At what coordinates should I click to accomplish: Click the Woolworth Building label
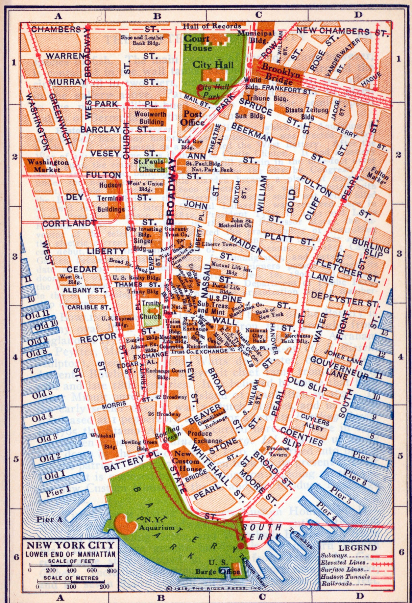pyautogui.click(x=150, y=118)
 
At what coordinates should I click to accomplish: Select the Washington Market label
pyautogui.click(x=48, y=166)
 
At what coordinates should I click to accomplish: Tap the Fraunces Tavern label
pyautogui.click(x=277, y=451)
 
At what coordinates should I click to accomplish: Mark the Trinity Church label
pyautogui.click(x=151, y=310)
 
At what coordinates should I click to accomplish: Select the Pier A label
pyautogui.click(x=49, y=520)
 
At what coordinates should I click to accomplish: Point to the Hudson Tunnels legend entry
pyautogui.click(x=345, y=577)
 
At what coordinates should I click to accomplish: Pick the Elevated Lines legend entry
pyautogui.click(x=343, y=562)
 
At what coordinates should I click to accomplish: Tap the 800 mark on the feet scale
pyautogui.click(x=112, y=571)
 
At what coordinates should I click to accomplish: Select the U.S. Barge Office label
pyautogui.click(x=219, y=567)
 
